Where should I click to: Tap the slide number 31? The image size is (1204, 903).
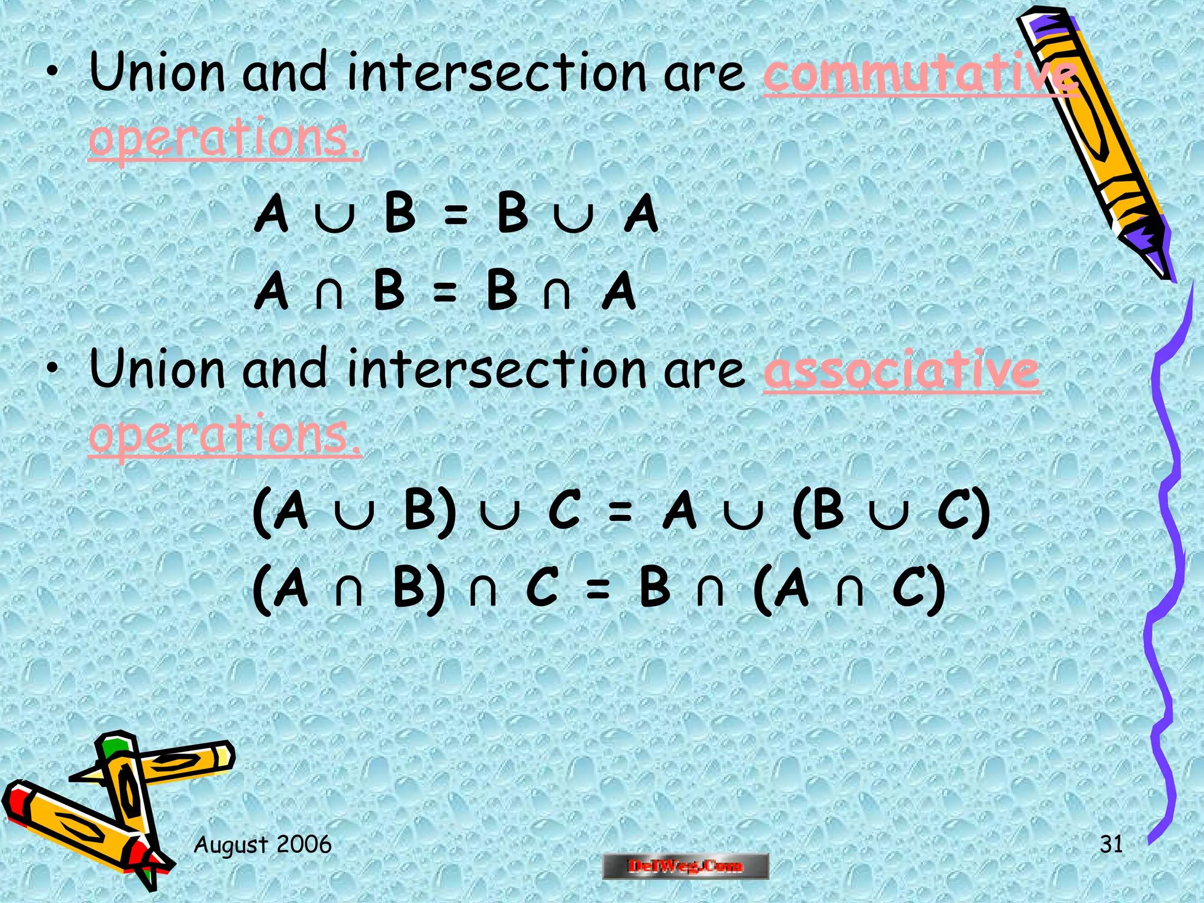coord(1111,844)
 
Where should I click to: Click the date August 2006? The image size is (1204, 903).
coord(263,844)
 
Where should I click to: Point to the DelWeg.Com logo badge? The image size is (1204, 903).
coord(685,866)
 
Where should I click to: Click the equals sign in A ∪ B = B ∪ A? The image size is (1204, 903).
coord(456,215)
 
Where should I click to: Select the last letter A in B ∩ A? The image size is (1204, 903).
coord(619,291)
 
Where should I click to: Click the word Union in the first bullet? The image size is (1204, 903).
coord(157,73)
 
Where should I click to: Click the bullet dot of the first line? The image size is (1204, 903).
coord(53,73)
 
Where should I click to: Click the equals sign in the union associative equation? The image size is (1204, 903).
coord(620,511)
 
